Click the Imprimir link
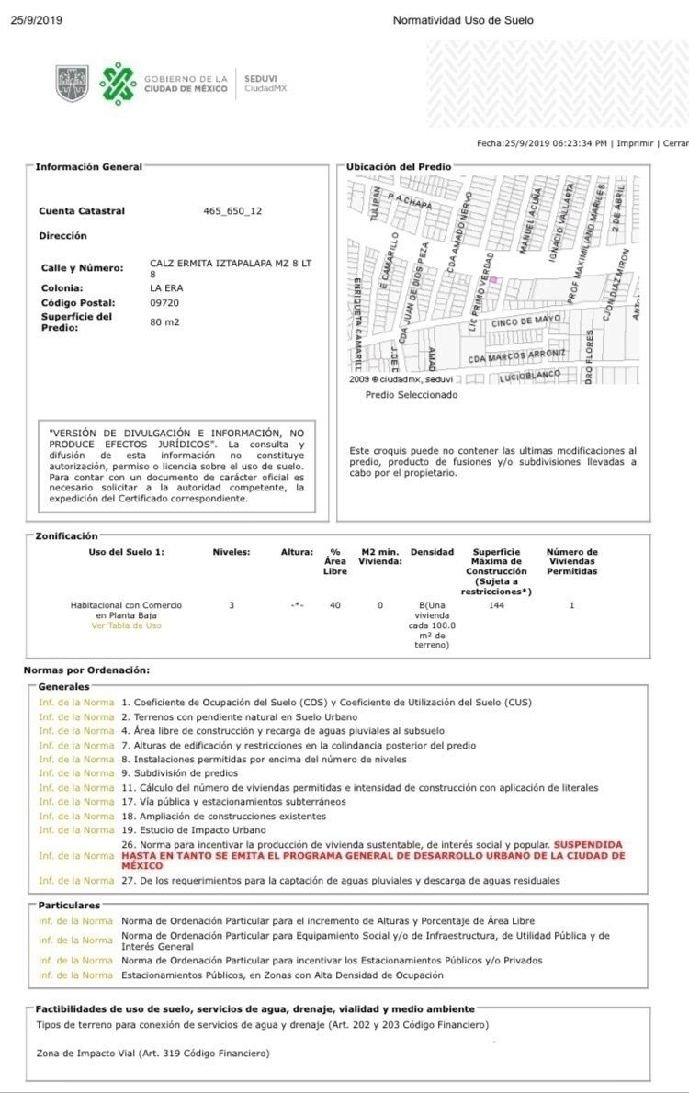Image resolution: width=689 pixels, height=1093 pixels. pyautogui.click(x=635, y=143)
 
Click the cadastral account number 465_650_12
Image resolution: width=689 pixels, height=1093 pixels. pyautogui.click(x=232, y=211)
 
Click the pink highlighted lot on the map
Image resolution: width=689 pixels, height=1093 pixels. pyautogui.click(x=492, y=279)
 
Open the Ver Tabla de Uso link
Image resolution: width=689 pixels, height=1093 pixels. pyautogui.click(x=126, y=625)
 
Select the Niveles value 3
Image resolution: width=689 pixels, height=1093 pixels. pyautogui.click(x=232, y=605)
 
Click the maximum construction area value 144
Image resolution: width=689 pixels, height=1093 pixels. pyautogui.click(x=497, y=605)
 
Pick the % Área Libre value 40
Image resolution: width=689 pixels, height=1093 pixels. pyautogui.click(x=335, y=605)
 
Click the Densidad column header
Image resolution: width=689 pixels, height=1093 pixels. pyautogui.click(x=433, y=553)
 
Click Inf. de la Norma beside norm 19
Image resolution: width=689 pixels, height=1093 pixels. pyautogui.click(x=76, y=830)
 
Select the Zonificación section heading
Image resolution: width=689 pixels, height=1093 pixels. pyautogui.click(x=66, y=535)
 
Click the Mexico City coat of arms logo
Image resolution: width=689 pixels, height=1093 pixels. pyautogui.click(x=72, y=84)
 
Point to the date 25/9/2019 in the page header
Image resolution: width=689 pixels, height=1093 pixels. pyautogui.click(x=38, y=20)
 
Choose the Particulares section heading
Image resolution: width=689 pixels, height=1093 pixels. pyautogui.click(x=70, y=906)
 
